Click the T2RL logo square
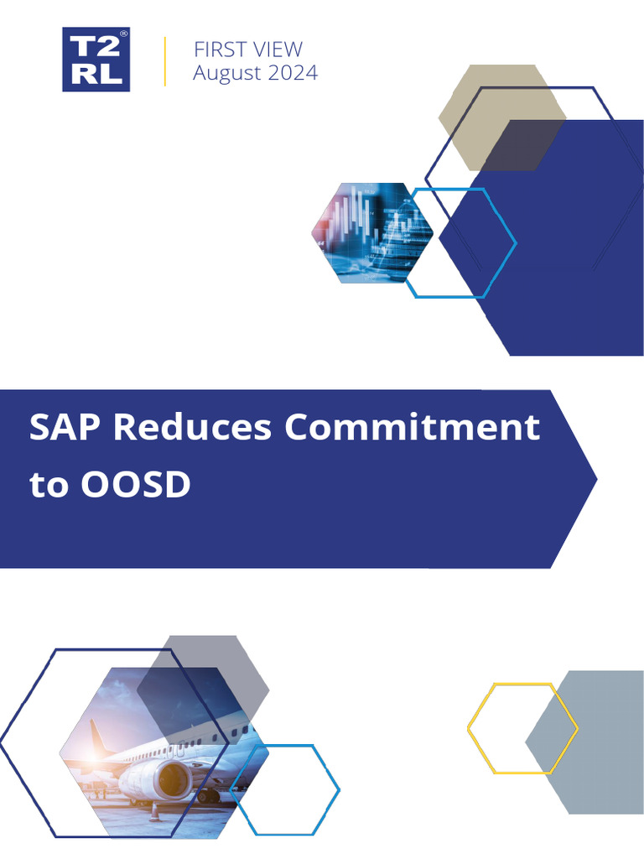click(96, 59)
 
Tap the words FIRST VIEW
click(247, 49)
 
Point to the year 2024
click(293, 73)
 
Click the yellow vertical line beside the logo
click(164, 61)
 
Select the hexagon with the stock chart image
click(371, 232)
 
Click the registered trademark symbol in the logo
click(123, 34)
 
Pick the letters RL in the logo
click(96, 75)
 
